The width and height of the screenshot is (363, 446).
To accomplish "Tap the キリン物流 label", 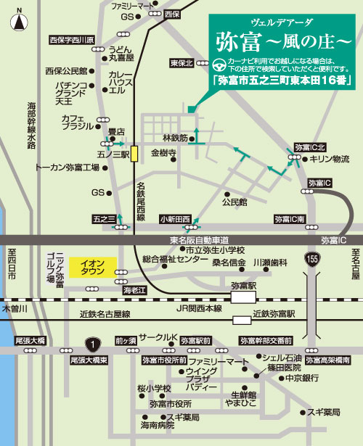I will pyautogui.click(x=330, y=159).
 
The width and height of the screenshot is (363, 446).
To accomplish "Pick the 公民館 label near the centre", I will pyautogui.click(x=234, y=202).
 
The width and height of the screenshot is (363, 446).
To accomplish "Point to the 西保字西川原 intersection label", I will pyautogui.click(x=73, y=40).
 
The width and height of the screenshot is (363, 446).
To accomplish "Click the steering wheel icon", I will pyautogui.click(x=220, y=63).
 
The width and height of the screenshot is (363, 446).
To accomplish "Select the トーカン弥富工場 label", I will pyautogui.click(x=67, y=168).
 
